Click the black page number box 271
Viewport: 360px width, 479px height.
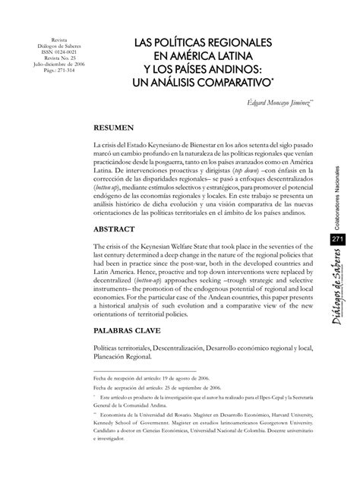338,240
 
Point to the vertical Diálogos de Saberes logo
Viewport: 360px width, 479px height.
339,285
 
